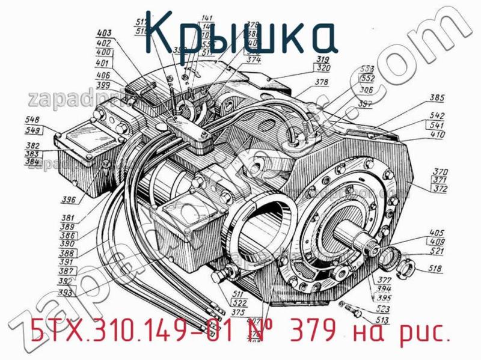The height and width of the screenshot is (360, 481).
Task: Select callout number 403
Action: pos(104,34)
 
